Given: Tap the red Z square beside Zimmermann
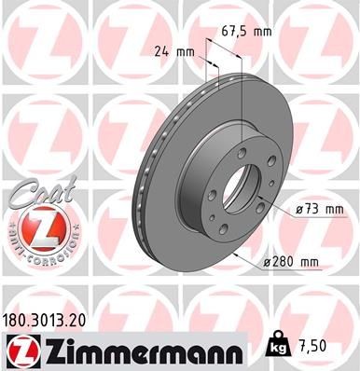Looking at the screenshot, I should tap(22, 350).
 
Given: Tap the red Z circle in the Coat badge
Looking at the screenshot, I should tap(35, 227).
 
